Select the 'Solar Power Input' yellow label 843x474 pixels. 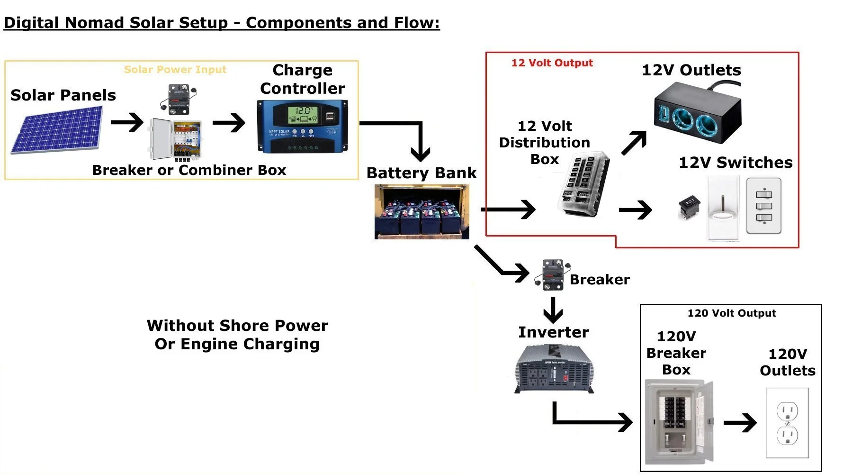pyautogui.click(x=175, y=70)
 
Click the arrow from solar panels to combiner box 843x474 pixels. pyautogui.click(x=126, y=122)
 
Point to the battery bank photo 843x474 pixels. pyautogui.click(x=421, y=212)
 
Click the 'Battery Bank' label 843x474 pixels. pyautogui.click(x=421, y=173)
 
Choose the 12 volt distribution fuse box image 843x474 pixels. pyautogui.click(x=583, y=185)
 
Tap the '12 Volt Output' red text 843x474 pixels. pyautogui.click(x=552, y=63)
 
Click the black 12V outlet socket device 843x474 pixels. pyautogui.click(x=696, y=114)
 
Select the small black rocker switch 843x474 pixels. pyautogui.click(x=689, y=207)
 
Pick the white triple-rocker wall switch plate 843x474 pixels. pyautogui.click(x=763, y=206)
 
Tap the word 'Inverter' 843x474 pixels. pyautogui.click(x=554, y=332)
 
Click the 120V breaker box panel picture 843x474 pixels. pyautogui.click(x=679, y=422)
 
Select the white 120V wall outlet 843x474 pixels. pyautogui.click(x=788, y=423)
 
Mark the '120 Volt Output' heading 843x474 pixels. pyautogui.click(x=732, y=313)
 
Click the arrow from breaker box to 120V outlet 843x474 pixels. pyautogui.click(x=740, y=423)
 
